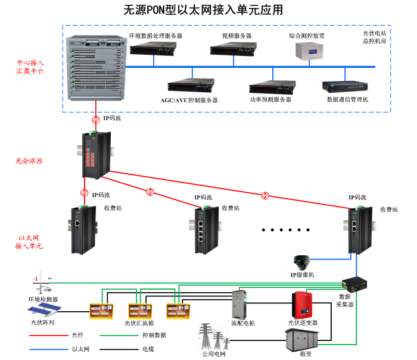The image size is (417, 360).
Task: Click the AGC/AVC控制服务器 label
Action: pyautogui.click(x=189, y=100)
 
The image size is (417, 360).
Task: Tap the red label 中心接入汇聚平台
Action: pyautogui.click(x=30, y=66)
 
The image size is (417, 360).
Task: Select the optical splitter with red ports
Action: pyautogui.click(x=95, y=154)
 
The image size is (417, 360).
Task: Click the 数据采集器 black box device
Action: pyautogui.click(x=356, y=283)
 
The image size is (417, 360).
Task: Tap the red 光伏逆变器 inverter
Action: pyautogui.click(x=303, y=305)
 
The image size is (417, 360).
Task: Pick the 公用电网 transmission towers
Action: pyautogui.click(x=214, y=338)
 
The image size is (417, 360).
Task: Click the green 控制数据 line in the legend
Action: pyautogui.click(x=116, y=335)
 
